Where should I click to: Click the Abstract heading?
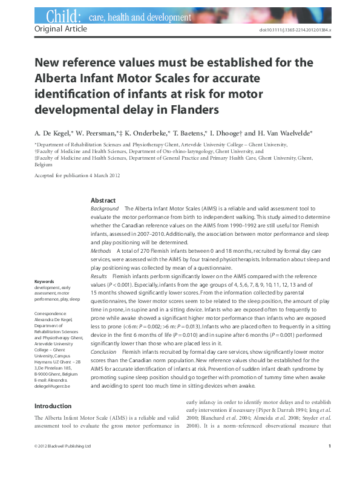point(103,200)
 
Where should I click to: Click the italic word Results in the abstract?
point(99,275)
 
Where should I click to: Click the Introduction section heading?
point(53,406)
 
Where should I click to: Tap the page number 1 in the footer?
point(329,463)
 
